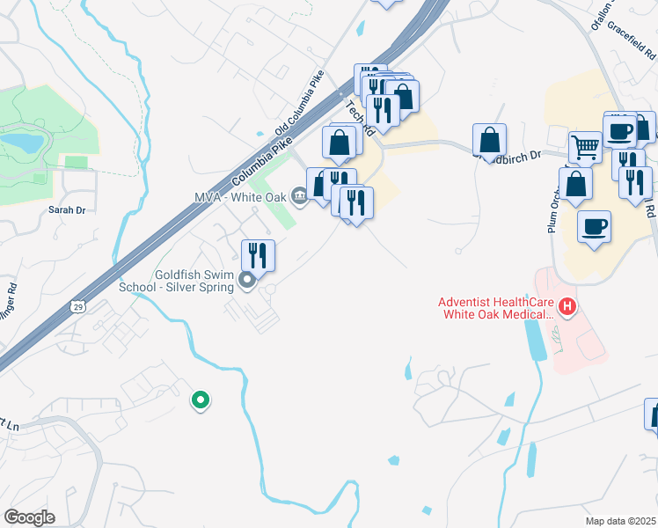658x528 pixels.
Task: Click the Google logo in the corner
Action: (x=29, y=517)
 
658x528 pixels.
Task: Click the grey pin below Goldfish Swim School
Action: (x=248, y=281)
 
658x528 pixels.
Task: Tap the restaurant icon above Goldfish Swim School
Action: (x=258, y=254)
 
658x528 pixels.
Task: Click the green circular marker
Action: (x=201, y=401)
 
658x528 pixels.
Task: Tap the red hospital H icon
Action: (x=567, y=308)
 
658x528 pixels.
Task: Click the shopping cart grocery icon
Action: (x=584, y=146)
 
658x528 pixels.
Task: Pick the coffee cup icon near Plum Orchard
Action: (x=594, y=227)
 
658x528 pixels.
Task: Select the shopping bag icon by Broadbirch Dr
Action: (x=489, y=139)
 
